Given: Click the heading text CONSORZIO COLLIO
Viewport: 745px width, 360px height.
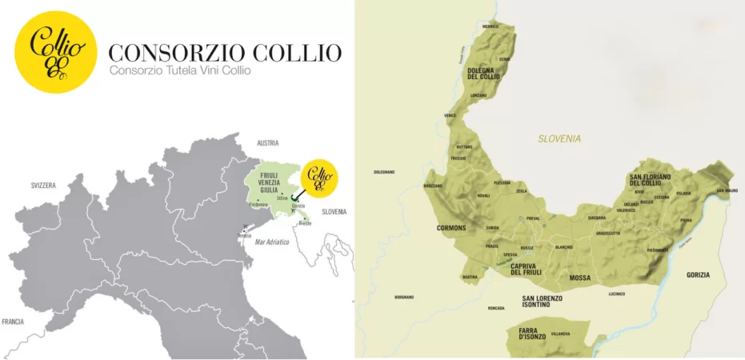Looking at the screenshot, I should [x=225, y=54].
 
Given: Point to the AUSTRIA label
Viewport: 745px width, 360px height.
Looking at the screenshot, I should [x=267, y=143].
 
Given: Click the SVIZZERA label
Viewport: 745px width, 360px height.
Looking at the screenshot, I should [x=43, y=185].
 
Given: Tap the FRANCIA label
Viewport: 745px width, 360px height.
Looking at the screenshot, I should [x=13, y=322].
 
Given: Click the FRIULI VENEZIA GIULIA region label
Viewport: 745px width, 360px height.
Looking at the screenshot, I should [x=270, y=183].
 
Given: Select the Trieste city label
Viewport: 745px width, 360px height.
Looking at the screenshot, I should [x=306, y=223].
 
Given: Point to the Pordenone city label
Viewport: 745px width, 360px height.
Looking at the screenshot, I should [x=258, y=204].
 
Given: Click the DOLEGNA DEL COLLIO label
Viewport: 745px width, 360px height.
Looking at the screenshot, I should [x=483, y=74].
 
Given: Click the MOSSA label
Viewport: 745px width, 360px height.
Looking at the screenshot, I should [x=579, y=278].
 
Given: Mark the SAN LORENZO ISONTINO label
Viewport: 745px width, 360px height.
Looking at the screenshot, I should [x=542, y=302].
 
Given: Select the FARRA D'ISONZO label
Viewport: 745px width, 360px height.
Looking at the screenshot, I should [x=531, y=335].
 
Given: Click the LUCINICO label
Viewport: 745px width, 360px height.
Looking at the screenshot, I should [x=616, y=294].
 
